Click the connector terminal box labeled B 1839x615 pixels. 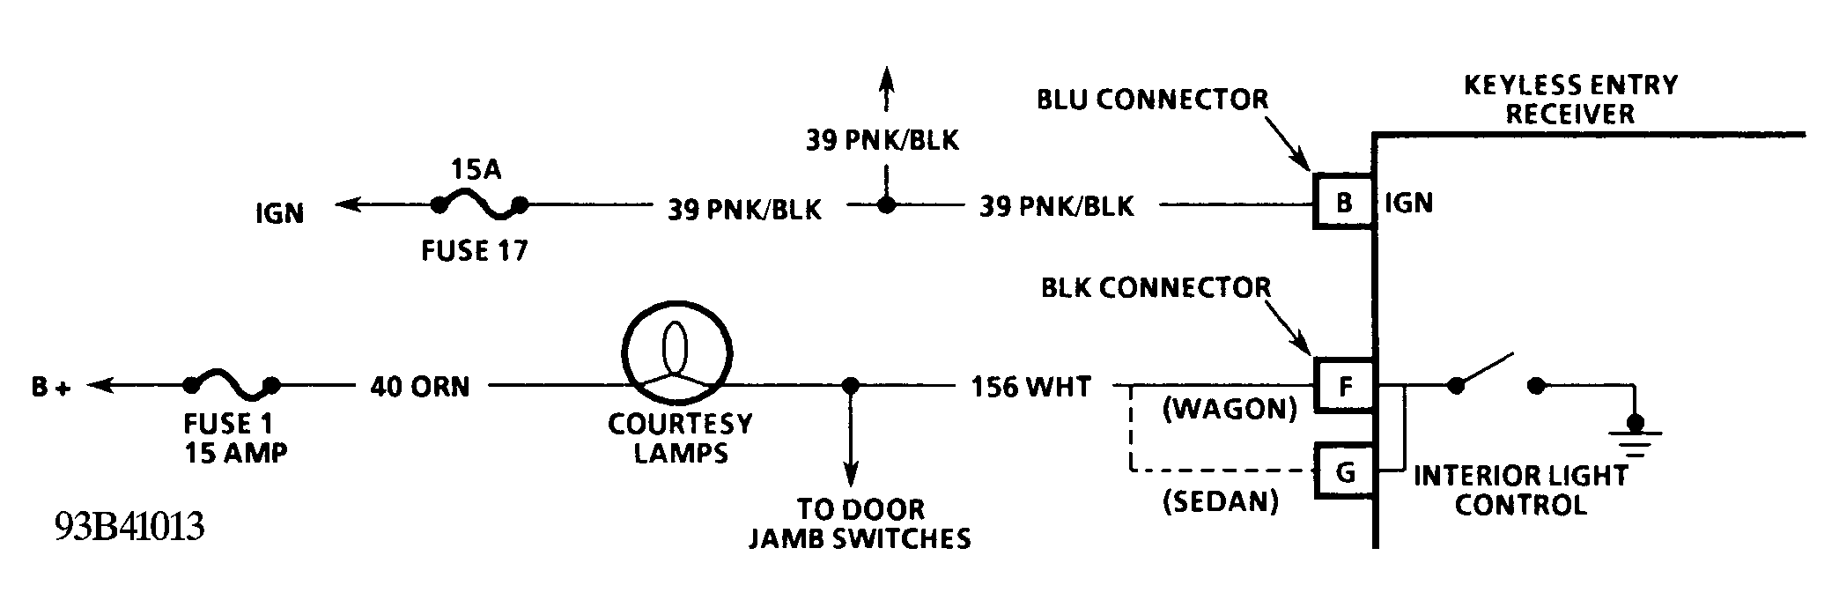coord(1343,203)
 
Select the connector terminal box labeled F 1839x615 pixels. coord(1343,386)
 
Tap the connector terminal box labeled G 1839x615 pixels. coord(1345,472)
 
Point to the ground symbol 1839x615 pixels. coord(1635,439)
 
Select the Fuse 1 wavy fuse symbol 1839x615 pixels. coord(231,386)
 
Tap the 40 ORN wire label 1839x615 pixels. coord(420,386)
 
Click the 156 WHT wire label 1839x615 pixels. coord(1030,386)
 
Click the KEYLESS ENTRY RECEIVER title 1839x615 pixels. coord(1570,99)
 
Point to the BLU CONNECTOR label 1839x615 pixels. coord(1152,99)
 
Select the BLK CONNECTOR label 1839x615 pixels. coord(1156,287)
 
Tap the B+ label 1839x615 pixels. coord(50,386)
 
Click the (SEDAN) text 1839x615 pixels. coord(1220,501)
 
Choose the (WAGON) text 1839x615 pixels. coord(1230,409)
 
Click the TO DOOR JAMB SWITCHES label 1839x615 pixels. coord(860,523)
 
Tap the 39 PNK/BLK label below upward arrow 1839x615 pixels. coord(882,139)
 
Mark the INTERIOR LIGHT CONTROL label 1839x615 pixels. coord(1520,490)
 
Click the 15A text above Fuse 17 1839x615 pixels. coord(476,169)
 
